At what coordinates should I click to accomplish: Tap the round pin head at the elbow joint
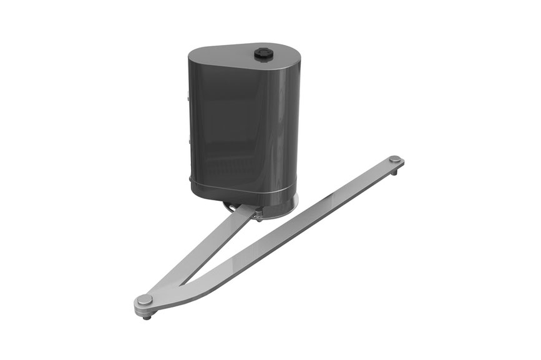[x=145, y=300]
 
